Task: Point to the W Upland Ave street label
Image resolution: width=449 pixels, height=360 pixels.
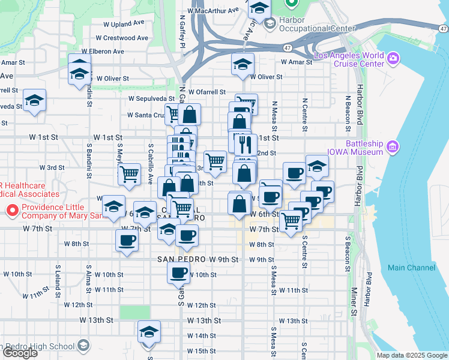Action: point(124,23)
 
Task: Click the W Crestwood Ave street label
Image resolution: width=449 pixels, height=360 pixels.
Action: point(125,37)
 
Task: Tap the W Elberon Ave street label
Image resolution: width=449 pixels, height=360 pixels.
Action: point(103,52)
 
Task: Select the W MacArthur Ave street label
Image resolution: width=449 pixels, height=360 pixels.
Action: point(212,11)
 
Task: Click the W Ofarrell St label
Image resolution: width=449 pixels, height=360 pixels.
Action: point(206,92)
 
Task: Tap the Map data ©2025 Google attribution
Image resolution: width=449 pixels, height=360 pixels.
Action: point(412,355)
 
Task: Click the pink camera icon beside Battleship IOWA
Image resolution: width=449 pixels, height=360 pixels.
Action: point(393,146)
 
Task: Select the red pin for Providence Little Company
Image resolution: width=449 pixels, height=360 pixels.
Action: point(11,211)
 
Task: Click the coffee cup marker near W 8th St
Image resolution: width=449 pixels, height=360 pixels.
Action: point(127,241)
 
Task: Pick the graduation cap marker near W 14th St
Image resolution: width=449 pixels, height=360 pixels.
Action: point(149,331)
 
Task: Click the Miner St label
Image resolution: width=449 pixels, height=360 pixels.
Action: point(355,302)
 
